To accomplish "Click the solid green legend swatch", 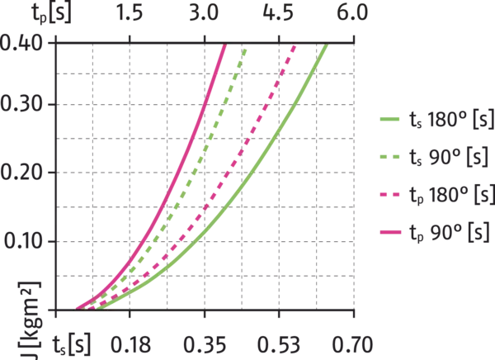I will click(x=389, y=119).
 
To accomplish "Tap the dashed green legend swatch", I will click(x=389, y=157).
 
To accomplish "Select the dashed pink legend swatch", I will click(x=389, y=195).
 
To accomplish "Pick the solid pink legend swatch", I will click(x=389, y=234).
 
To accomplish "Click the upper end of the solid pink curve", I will click(x=224, y=48).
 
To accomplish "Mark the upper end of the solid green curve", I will click(x=328, y=46).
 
